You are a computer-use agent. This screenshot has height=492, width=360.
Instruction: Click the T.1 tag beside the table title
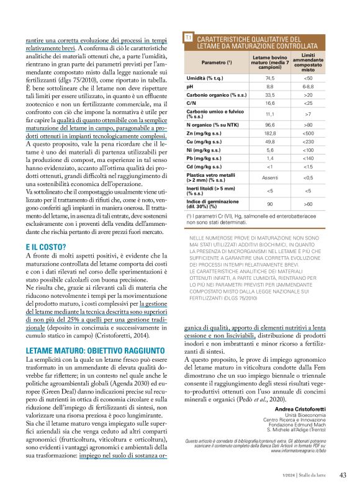[x=188, y=39]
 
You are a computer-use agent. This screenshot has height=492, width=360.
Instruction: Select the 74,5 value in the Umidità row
[x=269, y=79]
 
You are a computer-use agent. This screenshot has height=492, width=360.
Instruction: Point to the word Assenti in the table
[x=269, y=178]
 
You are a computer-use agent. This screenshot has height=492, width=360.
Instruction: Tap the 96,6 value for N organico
[x=269, y=124]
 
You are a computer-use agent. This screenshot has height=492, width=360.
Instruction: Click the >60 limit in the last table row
[x=308, y=204]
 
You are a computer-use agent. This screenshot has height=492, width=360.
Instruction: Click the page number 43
[x=342, y=475]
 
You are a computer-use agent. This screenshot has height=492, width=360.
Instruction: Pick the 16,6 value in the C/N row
[x=269, y=103]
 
